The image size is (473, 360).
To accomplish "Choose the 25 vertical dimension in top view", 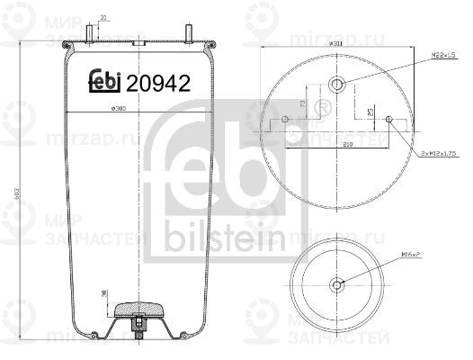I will (371, 112).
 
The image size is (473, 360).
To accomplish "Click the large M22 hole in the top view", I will (337, 85).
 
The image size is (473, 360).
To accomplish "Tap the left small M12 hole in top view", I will (285, 120).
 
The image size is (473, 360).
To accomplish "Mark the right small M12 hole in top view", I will (389, 120).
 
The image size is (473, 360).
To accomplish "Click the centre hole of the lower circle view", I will (338, 285).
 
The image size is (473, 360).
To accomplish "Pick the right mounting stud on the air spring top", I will (190, 31).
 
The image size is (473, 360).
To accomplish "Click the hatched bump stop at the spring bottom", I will (139, 308).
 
